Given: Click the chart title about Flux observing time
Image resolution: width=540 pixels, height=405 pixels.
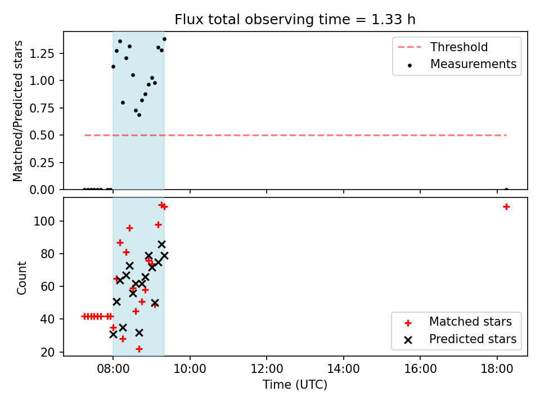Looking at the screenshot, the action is coord(295,19).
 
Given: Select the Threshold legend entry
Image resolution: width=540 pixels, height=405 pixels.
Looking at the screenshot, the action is coord(443,47).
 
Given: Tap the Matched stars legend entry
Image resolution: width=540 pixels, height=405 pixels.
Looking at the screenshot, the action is coord(458,322).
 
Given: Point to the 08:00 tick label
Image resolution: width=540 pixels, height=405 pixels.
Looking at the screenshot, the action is coord(113,369).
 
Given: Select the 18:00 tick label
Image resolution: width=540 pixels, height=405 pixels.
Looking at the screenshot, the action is coord(497,369).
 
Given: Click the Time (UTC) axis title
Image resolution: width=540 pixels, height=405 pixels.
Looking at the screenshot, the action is coord(295,384).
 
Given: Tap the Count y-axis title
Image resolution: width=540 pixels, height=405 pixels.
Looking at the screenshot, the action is coord(21,277).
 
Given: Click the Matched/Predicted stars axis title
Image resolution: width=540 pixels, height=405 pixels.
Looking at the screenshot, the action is coord(17,111).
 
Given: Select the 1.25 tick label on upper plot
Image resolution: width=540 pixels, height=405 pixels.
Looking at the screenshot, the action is coord(42,54).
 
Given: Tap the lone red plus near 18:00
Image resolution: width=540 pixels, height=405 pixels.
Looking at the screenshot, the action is coord(506,206).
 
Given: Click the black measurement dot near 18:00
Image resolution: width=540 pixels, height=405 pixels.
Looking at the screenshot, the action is coord(506,190).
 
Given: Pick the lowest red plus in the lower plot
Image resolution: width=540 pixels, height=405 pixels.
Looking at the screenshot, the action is coord(139,349).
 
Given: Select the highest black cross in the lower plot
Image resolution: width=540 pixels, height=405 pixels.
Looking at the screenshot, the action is coord(161,244).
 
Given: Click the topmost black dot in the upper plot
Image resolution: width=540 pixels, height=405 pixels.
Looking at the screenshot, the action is coord(164,39).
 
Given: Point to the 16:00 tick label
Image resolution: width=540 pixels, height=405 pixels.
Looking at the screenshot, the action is coord(420,369).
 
